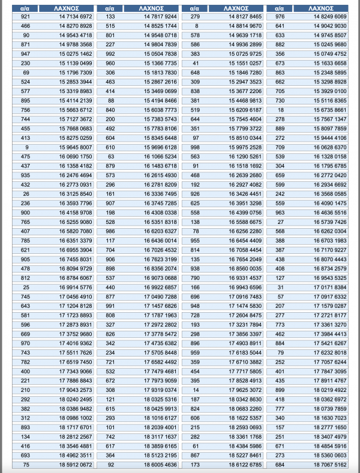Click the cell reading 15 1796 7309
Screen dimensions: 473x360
point(58,72)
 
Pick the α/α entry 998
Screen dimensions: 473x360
point(195,147)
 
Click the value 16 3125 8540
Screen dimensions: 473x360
point(58,194)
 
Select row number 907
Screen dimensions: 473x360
point(110,203)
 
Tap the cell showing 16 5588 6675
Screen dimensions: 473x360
point(240,221)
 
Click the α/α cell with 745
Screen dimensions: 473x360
point(25,297)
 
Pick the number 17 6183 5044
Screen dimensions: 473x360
point(240,352)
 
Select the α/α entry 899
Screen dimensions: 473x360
point(280,390)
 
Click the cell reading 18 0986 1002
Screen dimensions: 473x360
point(58,417)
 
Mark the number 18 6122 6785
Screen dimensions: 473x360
point(240,464)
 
